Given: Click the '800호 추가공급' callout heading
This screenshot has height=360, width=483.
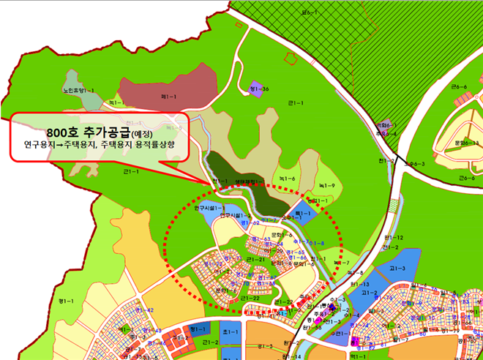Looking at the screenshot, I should [x=87, y=131].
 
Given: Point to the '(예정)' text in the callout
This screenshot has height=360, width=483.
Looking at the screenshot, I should [x=144, y=132].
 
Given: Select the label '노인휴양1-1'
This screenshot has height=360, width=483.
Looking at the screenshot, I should [x=79, y=90].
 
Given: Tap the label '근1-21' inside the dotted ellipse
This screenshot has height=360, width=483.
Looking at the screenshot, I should [x=256, y=260].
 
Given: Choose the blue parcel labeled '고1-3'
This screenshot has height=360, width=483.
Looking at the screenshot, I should [x=397, y=269].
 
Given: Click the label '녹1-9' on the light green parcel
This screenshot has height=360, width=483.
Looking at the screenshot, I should [x=327, y=186].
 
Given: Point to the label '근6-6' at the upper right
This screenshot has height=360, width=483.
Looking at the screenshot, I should [x=460, y=87].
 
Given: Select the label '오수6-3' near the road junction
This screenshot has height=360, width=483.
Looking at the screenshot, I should [x=415, y=164].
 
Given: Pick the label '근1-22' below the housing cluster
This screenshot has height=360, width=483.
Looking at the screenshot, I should [x=252, y=299].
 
